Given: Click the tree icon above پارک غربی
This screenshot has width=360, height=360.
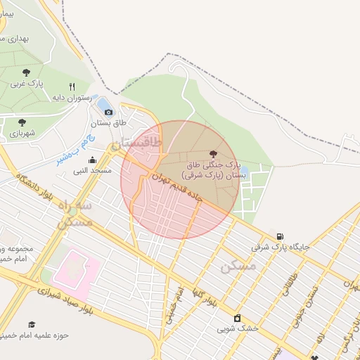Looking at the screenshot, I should pyautogui.click(x=26, y=72).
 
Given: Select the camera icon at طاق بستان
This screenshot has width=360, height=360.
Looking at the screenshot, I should pyautogui.click(x=108, y=112).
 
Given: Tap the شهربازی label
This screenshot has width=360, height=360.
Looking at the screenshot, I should pyautogui.click(x=22, y=132).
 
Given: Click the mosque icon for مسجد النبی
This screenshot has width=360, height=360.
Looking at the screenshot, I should pyautogui.click(x=92, y=160).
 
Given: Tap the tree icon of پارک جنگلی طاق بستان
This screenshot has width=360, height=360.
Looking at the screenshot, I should pyautogui.click(x=213, y=153).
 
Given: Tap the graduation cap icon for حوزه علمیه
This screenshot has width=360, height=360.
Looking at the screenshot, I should pyautogui.click(x=32, y=324).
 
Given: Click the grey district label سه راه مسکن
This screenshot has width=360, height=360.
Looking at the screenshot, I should pyautogui.click(x=74, y=213).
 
